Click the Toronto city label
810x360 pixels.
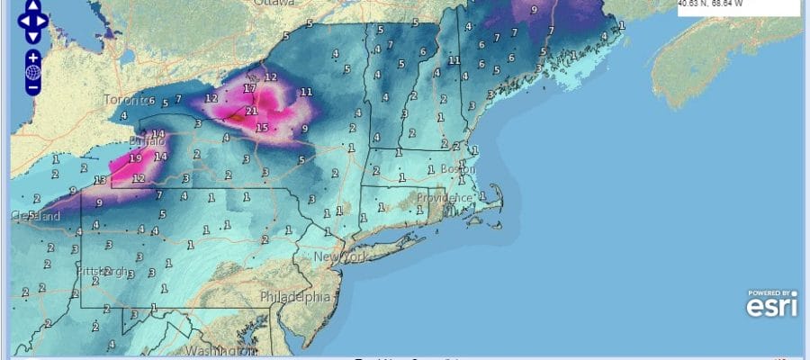124,99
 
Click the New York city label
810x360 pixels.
340,257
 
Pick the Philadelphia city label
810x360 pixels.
294,296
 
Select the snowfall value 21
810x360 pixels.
252,112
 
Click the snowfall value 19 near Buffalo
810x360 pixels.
135,158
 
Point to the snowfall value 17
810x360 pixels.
248,88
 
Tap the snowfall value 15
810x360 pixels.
262,129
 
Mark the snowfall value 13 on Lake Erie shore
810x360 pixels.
102,181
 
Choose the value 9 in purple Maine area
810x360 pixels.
535,10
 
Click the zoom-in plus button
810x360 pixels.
32,58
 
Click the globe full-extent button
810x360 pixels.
32,73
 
